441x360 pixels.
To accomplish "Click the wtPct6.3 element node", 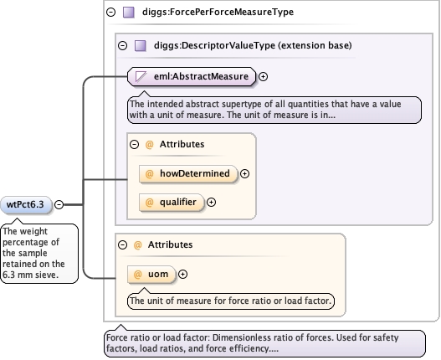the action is [26, 204].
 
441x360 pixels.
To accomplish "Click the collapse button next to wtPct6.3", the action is [59, 204].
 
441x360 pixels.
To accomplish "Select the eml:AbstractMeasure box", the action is [192, 76].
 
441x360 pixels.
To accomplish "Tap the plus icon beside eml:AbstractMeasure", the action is [263, 76].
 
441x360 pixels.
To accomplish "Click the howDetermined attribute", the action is [188, 173].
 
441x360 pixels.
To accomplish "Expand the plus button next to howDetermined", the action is [244, 173].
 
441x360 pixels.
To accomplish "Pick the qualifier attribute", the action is [172, 202].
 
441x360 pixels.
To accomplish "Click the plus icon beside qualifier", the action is [211, 202].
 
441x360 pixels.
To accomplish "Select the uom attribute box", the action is [151, 274].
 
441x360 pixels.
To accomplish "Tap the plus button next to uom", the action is [182, 274].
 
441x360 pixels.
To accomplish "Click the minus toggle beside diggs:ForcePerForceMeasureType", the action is [110, 12].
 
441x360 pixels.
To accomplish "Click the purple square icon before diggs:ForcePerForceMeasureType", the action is [129, 12].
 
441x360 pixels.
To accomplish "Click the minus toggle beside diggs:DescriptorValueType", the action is [122, 45].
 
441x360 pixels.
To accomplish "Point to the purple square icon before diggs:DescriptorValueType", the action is [141, 45].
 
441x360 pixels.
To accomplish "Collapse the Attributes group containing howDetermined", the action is [134, 144].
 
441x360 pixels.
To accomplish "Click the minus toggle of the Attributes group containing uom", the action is [122, 244].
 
